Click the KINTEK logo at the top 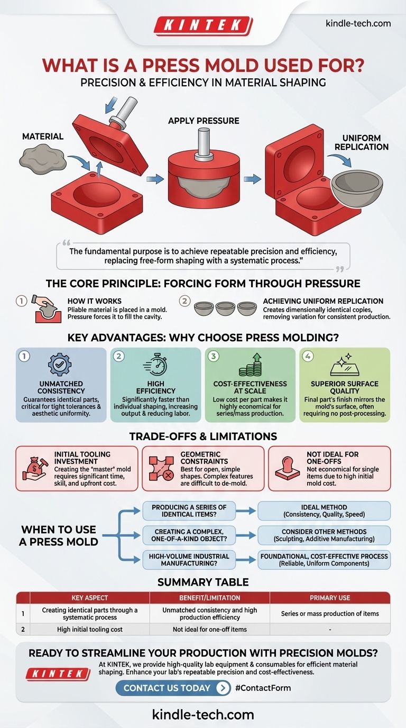point(202,25)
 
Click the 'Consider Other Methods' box point(325,535)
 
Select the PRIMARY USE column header point(330,597)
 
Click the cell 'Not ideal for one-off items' point(210,630)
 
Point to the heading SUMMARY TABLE point(203,581)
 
